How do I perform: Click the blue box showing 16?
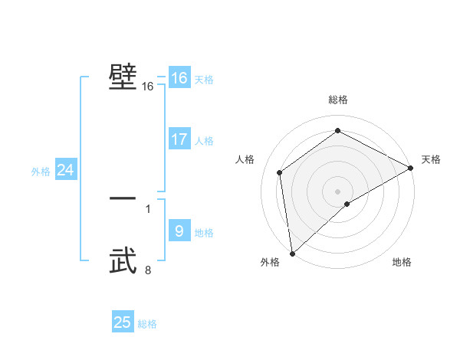pos(179,79)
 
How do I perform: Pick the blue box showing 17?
pos(179,140)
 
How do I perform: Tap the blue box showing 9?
pos(179,232)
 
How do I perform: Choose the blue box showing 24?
pos(65,171)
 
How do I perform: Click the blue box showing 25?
pos(123,323)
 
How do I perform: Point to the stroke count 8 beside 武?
pos(148,270)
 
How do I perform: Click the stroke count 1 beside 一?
pos(148,208)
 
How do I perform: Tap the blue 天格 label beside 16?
pos(204,80)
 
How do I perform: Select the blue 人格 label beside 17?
pos(204,141)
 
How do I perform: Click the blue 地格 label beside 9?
pos(204,233)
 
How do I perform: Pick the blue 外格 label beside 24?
pos(41,172)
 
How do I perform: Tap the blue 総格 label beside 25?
pos(147,324)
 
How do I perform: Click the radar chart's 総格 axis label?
pos(338,100)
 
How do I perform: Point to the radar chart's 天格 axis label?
pos(431,159)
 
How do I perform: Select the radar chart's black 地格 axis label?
pos(402,263)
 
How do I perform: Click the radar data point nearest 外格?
pos(292,254)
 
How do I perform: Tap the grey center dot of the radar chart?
pos(337,191)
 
